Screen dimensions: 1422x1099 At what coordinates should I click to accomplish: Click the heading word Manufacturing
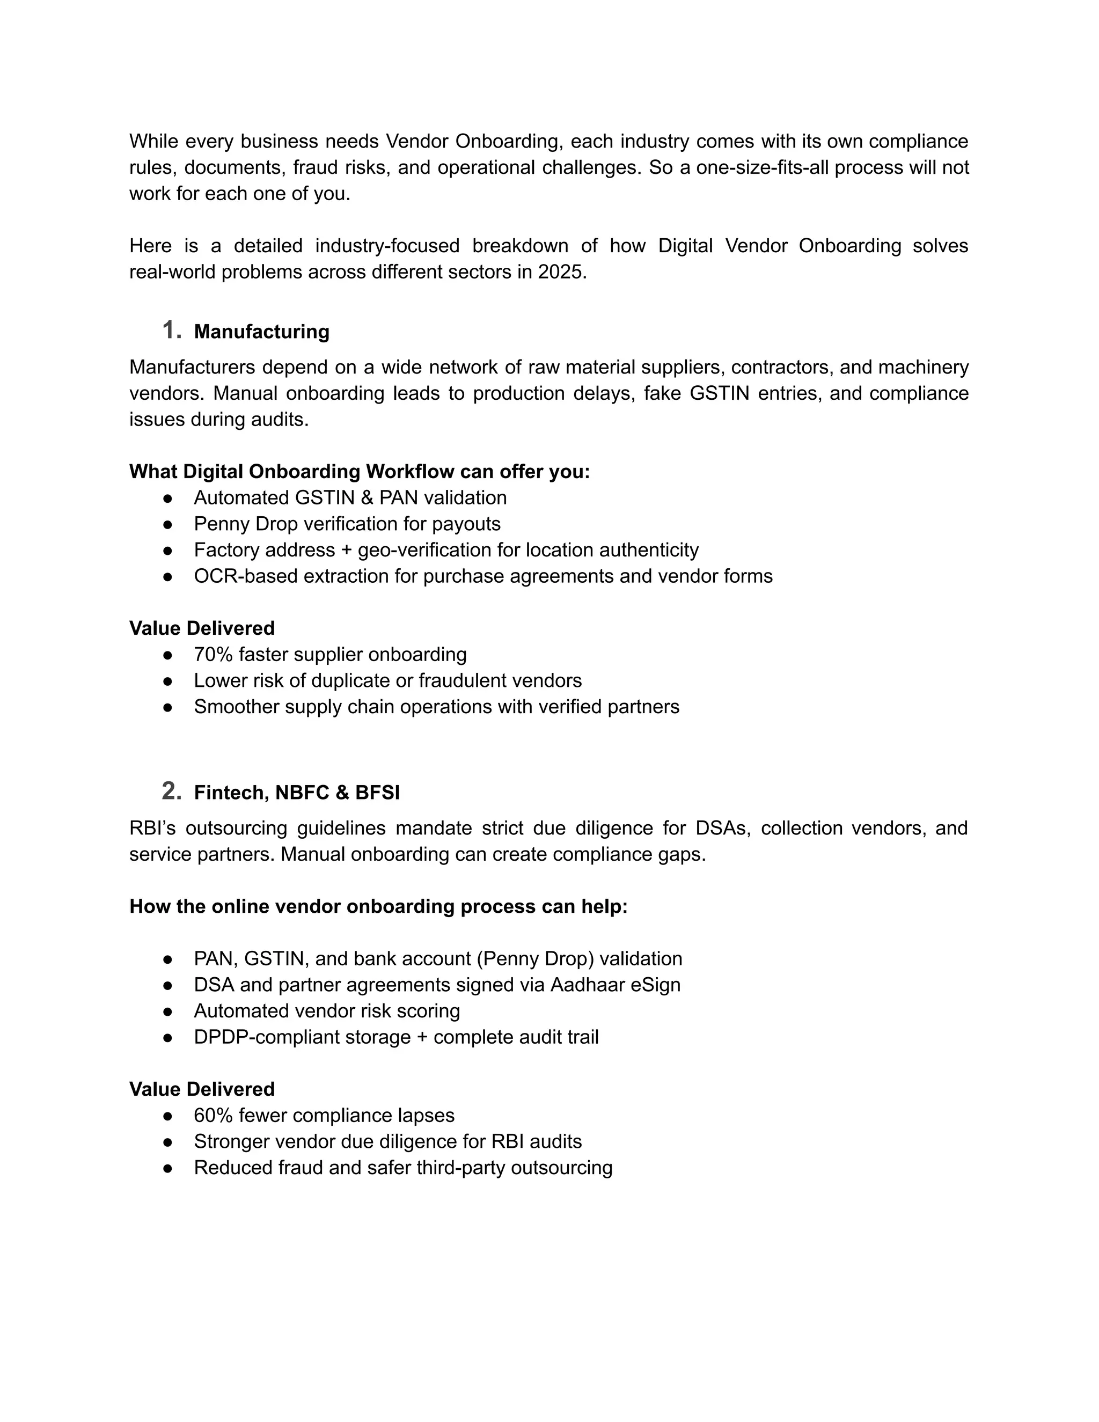262,332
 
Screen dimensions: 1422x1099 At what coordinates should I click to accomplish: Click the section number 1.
171,330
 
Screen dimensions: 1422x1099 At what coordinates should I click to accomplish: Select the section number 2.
171,791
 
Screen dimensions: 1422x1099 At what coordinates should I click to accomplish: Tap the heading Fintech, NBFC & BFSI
297,793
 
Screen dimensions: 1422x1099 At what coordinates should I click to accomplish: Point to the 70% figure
213,654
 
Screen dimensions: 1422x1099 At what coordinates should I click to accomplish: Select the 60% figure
213,1116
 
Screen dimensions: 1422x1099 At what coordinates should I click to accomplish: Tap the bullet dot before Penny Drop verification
167,524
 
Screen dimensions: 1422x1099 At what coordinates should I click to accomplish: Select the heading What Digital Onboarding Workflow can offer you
360,471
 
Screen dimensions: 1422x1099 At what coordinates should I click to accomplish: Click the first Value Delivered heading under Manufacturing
202,628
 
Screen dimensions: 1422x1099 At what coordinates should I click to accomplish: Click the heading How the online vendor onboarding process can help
378,906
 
